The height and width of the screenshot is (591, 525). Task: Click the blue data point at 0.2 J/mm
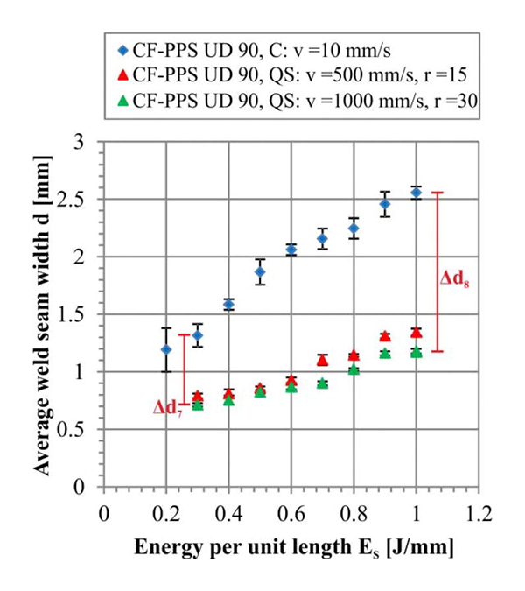pos(166,349)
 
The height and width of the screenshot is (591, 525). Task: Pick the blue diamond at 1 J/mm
pos(416,193)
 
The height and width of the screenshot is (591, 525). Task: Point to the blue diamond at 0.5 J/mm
pos(260,271)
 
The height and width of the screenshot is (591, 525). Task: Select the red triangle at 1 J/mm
pos(416,333)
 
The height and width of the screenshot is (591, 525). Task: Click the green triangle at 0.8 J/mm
pos(353,370)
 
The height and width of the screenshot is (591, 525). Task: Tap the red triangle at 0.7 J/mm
pos(322,360)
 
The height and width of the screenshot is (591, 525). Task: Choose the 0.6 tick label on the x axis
pos(290,512)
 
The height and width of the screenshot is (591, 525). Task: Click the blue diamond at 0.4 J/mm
pos(228,304)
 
